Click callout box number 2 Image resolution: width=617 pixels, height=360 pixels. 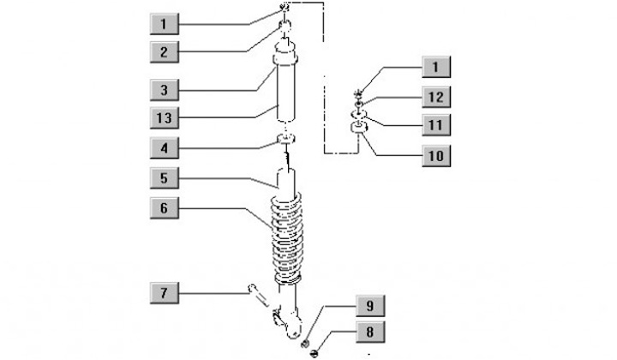tap(164, 51)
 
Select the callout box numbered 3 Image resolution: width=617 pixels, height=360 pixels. tap(164, 88)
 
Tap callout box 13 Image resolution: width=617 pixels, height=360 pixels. tap(164, 117)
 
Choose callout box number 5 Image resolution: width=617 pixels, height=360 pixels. tap(164, 179)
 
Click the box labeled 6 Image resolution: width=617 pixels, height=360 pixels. tap(164, 207)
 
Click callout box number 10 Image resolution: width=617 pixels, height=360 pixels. tap(434, 155)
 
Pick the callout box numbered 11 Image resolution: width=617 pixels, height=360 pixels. tap(434, 125)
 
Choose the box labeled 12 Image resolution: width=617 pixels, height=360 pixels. tap(434, 95)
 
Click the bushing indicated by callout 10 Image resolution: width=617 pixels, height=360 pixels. tap(361, 129)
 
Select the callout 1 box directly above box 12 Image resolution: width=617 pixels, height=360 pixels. tap(434, 66)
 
